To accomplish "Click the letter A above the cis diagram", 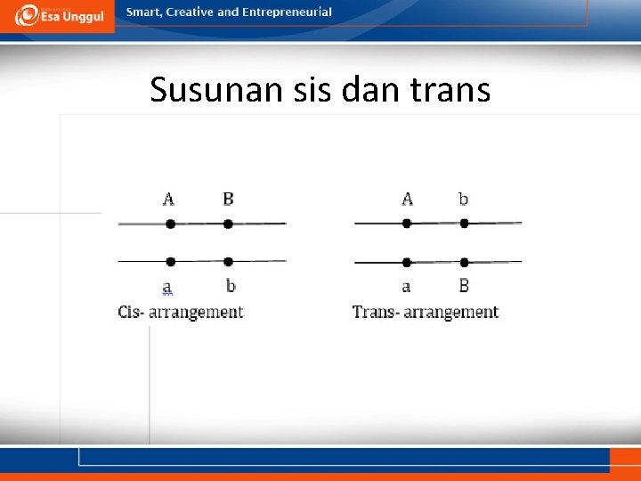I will tap(169, 199).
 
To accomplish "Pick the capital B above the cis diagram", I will tap(228, 199).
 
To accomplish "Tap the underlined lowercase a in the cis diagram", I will tap(167, 287).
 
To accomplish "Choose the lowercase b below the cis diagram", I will tap(231, 286).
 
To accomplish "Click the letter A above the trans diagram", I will tap(407, 199).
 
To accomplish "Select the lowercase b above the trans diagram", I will tap(463, 199).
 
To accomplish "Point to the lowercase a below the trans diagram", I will tap(406, 287).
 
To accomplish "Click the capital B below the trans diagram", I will tap(464, 286).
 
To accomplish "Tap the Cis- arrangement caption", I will tap(181, 312).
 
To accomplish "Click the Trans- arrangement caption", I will tap(426, 312).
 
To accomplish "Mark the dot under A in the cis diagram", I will tap(170, 224).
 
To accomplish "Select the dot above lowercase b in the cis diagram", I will tap(229, 262).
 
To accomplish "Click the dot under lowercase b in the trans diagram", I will tap(464, 224).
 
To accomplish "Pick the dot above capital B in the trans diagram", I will tap(465, 262).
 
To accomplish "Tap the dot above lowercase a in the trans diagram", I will tap(407, 262).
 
